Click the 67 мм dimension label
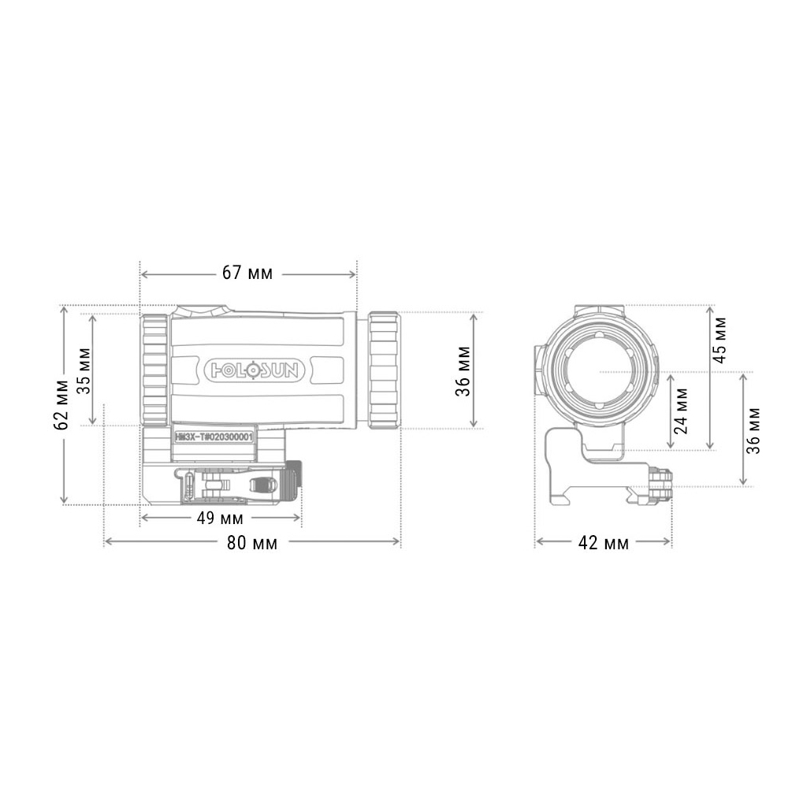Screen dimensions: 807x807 coord(247,273)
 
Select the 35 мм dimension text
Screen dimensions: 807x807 coord(83,370)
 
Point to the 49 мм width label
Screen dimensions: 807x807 coord(219,519)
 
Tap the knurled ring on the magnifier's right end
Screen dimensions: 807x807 coord(384,370)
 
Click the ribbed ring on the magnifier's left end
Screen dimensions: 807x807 coord(154,370)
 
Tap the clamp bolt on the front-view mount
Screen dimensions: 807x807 coord(660,482)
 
